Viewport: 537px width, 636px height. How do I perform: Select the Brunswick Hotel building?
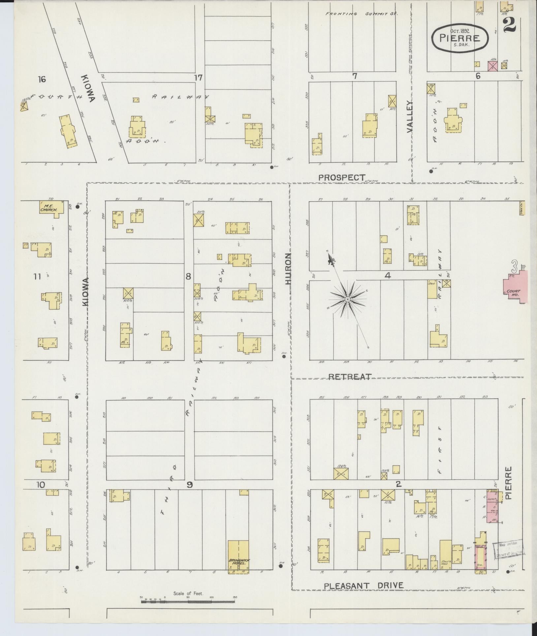(238, 557)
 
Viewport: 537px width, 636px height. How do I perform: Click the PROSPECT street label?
(342, 177)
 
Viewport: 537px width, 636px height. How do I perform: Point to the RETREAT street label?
(350, 377)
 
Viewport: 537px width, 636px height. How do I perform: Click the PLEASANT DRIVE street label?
(363, 586)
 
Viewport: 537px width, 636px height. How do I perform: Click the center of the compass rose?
(347, 299)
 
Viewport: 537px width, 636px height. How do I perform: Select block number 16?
(42, 79)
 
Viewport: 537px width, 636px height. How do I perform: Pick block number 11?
(37, 276)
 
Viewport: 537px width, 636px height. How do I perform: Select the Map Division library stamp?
(508, 550)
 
